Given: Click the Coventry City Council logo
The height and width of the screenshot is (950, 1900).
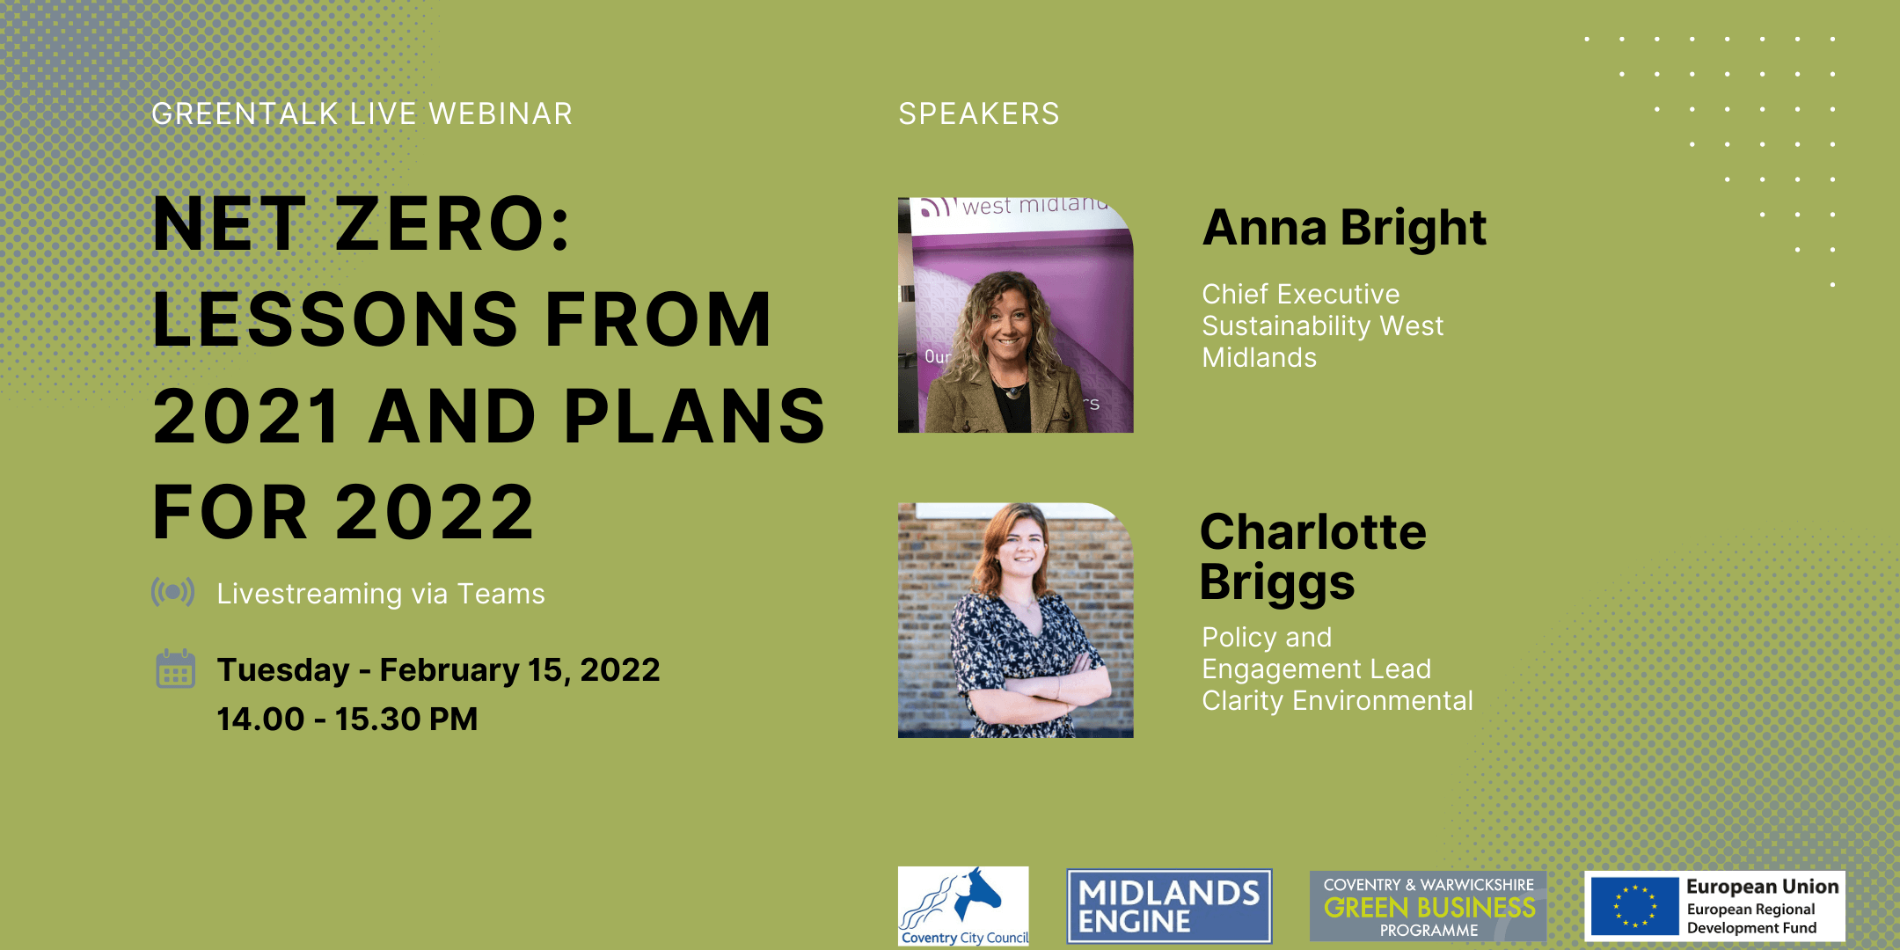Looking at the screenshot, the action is click(963, 906).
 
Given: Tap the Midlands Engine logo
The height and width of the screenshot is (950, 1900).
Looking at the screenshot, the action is click(1169, 906).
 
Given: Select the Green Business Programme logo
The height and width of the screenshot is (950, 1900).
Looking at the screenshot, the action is click(1428, 907).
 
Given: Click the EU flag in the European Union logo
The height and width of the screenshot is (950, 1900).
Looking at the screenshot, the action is click(1634, 907).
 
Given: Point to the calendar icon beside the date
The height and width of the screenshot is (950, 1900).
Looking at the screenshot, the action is click(175, 669).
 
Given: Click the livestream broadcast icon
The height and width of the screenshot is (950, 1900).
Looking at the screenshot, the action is click(173, 592).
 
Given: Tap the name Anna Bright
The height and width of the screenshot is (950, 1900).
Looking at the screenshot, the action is click(1344, 228).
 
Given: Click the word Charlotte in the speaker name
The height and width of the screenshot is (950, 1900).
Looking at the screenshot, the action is click(1313, 532).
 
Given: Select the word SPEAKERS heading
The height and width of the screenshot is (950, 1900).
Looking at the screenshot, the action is click(979, 114).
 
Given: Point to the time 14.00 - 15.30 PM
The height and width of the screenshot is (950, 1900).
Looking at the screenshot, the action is click(347, 720).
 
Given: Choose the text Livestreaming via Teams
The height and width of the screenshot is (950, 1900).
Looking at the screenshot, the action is click(381, 594).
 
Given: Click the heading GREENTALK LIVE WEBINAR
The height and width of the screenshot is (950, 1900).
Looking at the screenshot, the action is click(362, 114).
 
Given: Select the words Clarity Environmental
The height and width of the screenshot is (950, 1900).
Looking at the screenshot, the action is click(1337, 701).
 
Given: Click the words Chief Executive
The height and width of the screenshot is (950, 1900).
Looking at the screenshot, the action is click(1300, 294).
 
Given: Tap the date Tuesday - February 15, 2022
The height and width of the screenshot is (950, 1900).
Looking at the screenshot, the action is click(438, 670).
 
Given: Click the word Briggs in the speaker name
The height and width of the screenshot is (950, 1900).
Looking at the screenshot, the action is click(1277, 584).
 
